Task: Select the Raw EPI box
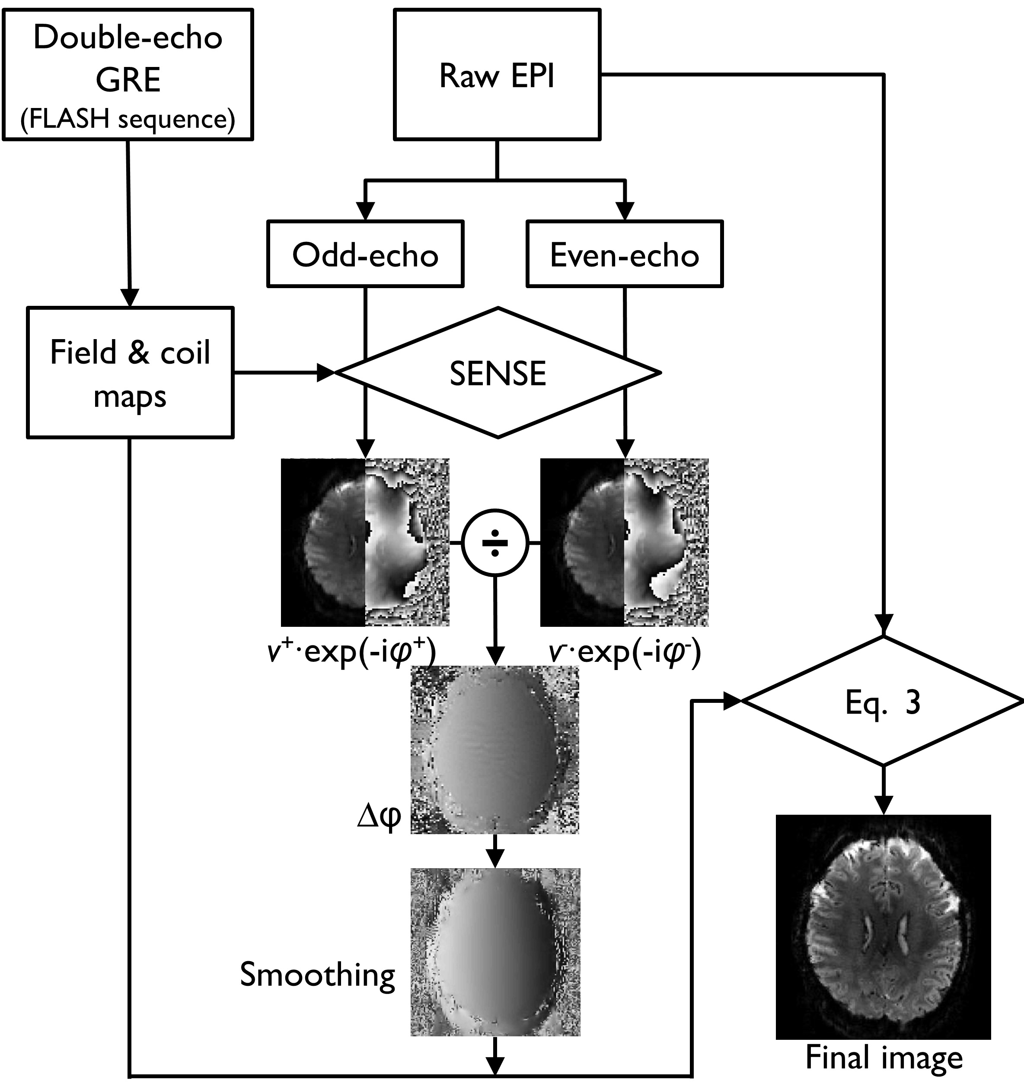[497, 75]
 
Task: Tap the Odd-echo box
[365, 254]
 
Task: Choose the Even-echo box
[625, 254]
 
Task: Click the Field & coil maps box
[130, 373]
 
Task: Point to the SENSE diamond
[497, 373]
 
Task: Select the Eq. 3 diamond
[883, 702]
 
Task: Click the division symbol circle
[495, 543]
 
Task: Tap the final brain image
[883, 928]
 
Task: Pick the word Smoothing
[318, 975]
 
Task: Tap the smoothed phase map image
[495, 952]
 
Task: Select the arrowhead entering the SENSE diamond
[326, 373]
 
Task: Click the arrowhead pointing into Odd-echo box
[365, 211]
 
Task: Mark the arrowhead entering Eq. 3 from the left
[731, 702]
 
